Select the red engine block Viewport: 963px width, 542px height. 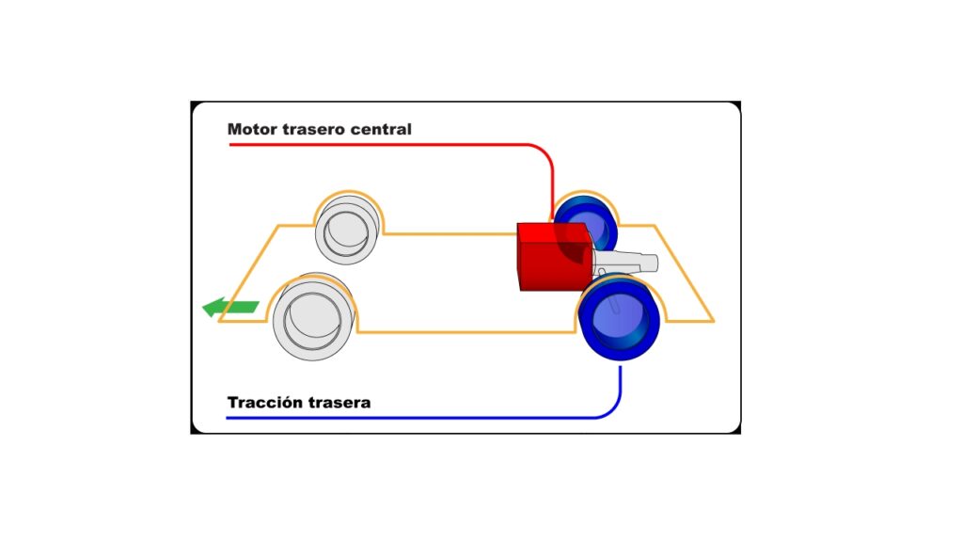[555, 256]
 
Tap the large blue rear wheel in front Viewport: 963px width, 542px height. [620, 318]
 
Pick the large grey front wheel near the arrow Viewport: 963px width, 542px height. [313, 316]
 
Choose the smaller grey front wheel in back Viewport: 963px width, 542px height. [347, 231]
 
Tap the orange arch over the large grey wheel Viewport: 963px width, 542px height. [312, 278]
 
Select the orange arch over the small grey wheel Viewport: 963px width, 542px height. [350, 192]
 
